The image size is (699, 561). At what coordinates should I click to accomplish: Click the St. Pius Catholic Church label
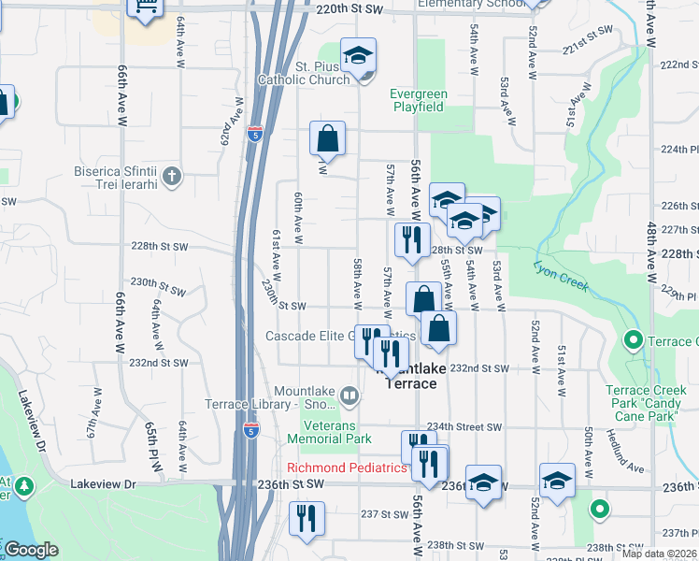point(322,72)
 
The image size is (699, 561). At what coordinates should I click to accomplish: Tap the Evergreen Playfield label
point(419,100)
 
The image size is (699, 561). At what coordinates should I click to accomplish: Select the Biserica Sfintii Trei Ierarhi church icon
point(171,175)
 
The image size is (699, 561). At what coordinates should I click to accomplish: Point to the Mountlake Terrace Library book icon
point(349,397)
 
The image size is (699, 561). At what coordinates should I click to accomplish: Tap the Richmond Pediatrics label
point(347,467)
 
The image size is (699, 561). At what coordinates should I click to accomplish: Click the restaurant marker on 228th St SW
point(411,240)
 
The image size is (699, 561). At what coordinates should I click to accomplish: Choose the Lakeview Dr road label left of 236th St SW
point(104,484)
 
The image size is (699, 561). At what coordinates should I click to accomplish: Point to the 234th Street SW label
point(464,426)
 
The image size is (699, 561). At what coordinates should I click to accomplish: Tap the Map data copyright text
point(658,554)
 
